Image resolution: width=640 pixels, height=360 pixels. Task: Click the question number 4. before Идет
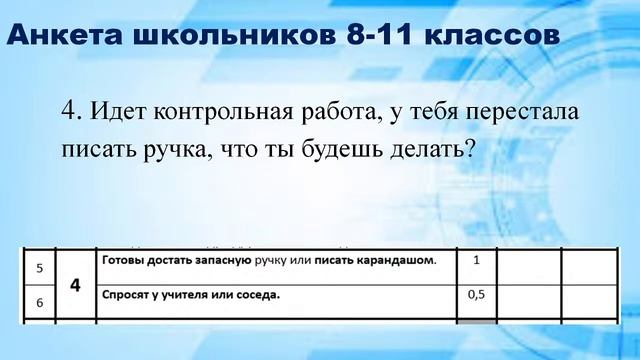click(73, 109)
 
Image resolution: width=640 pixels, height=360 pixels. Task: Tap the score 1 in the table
click(477, 261)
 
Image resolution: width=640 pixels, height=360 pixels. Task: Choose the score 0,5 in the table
click(477, 295)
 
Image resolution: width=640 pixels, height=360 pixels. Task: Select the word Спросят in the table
click(128, 295)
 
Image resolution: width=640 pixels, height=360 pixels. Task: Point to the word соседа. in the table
click(255, 295)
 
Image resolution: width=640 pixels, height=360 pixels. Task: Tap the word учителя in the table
click(188, 295)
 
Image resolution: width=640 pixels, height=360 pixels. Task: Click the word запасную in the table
click(242, 261)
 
